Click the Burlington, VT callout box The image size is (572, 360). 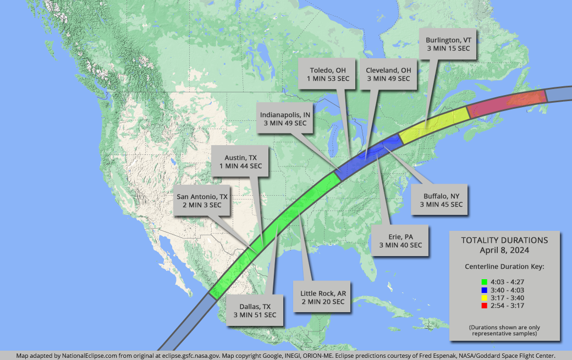[449, 45]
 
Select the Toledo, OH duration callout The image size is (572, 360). [328, 74]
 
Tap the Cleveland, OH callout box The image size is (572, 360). [388, 74]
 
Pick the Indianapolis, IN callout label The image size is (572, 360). [284, 119]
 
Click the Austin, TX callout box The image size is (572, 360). [240, 162]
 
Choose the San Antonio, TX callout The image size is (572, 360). [201, 201]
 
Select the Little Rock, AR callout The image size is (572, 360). [322, 297]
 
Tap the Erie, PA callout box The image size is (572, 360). [400, 241]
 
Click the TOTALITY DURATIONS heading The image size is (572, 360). [504, 240]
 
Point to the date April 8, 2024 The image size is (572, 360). [504, 250]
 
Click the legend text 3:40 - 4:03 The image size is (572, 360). [509, 289]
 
